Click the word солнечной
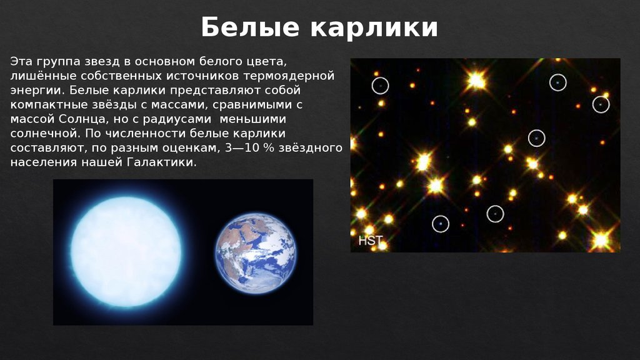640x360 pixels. pos(42,133)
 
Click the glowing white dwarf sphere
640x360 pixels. pos(126,252)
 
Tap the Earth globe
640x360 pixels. pos(256,253)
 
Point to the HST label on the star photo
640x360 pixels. pos(370,241)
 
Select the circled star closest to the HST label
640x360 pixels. pos(441,223)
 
